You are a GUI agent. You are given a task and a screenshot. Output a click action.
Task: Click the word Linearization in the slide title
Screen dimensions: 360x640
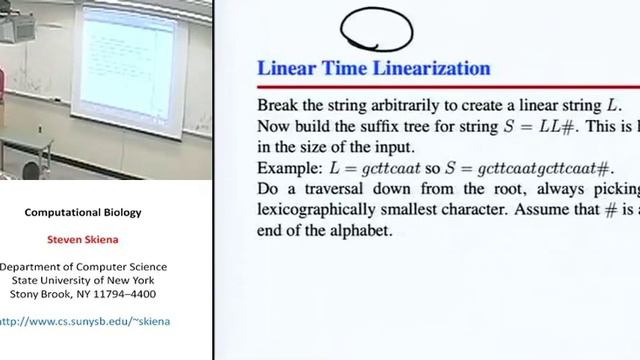[434, 69]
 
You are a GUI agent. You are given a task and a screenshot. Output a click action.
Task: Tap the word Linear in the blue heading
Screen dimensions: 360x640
[285, 69]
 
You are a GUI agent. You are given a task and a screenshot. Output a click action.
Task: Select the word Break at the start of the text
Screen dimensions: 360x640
[279, 105]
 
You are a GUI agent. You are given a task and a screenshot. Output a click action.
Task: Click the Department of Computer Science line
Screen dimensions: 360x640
[84, 267]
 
